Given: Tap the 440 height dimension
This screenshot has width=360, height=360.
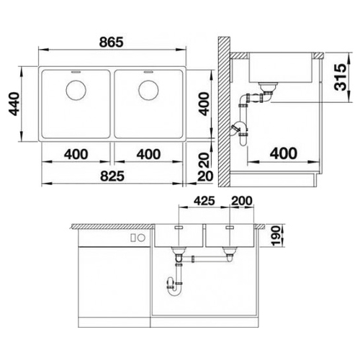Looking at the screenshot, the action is (x=14, y=104).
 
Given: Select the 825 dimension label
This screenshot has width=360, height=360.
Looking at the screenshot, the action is (x=112, y=176).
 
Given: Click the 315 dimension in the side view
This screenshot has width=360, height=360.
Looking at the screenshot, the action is (x=341, y=77).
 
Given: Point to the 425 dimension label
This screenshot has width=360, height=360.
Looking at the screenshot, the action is (x=204, y=201).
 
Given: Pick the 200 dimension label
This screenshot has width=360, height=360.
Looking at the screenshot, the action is (x=242, y=201).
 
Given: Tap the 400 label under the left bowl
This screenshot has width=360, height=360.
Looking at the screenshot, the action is (x=76, y=154).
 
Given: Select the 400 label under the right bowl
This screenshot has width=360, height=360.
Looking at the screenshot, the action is (x=148, y=154).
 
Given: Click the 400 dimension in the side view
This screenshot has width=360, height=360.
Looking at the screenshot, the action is (x=284, y=153).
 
